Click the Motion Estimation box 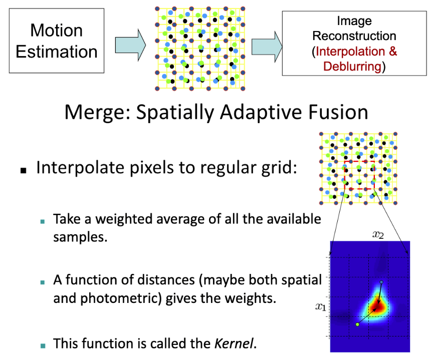pos(57,41)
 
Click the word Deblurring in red pos(351,66)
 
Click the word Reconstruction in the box pos(354,36)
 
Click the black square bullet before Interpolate pos(23,170)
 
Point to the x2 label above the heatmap pos(379,234)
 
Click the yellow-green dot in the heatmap pos(357,324)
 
